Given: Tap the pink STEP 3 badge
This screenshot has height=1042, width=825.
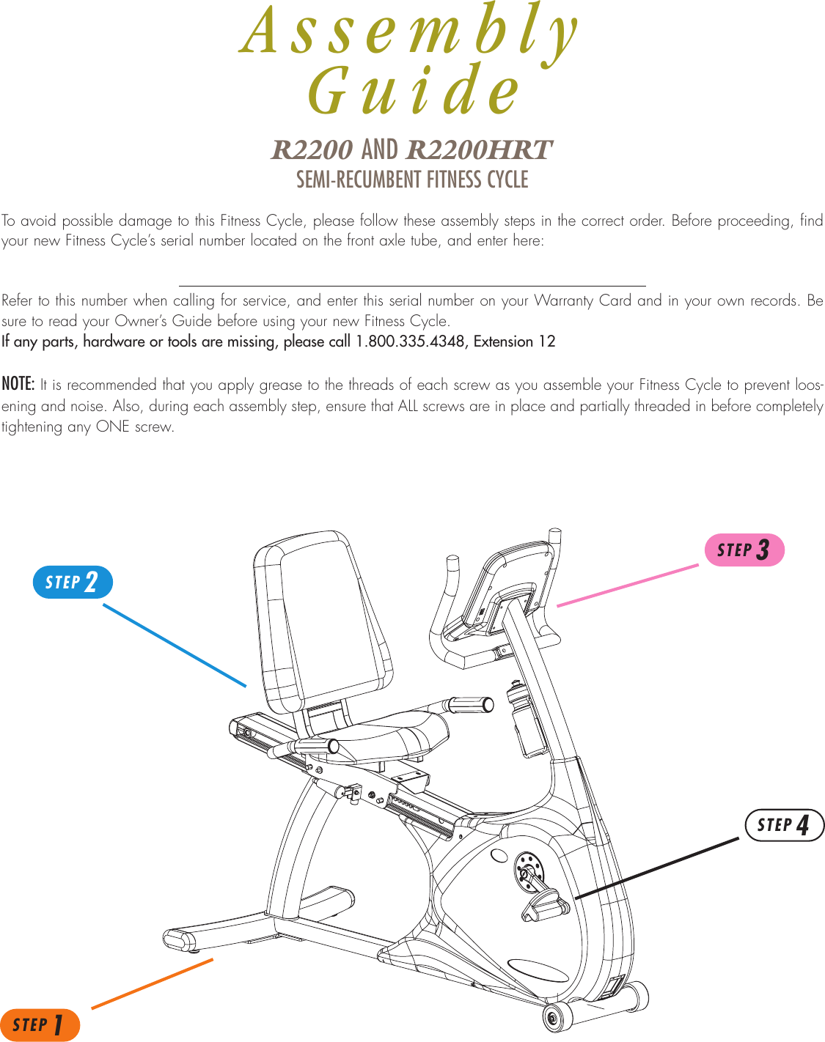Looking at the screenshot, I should pyautogui.click(x=744, y=550).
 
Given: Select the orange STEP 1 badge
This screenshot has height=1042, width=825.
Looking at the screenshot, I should pyautogui.click(x=40, y=1024).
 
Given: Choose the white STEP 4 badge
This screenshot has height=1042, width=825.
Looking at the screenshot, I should pyautogui.click(x=784, y=825).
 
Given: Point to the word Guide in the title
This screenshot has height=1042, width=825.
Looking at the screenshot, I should pyautogui.click(x=413, y=91).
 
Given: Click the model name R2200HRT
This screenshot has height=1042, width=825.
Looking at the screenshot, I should pyautogui.click(x=478, y=150).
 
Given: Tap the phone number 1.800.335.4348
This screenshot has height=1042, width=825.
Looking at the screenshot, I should pyautogui.click(x=411, y=341).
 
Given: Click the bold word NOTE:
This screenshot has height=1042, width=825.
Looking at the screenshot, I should pyautogui.click(x=18, y=384).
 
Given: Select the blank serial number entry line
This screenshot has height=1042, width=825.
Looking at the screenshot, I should pyautogui.click(x=411, y=284).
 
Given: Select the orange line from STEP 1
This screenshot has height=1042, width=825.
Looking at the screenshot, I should pyautogui.click(x=152, y=983).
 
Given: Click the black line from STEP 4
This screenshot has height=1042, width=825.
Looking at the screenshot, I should pyautogui.click(x=656, y=868).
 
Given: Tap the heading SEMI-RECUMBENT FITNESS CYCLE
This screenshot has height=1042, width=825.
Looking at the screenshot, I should pyautogui.click(x=411, y=180).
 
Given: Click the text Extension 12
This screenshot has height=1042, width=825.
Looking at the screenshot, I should pyautogui.click(x=515, y=341).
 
